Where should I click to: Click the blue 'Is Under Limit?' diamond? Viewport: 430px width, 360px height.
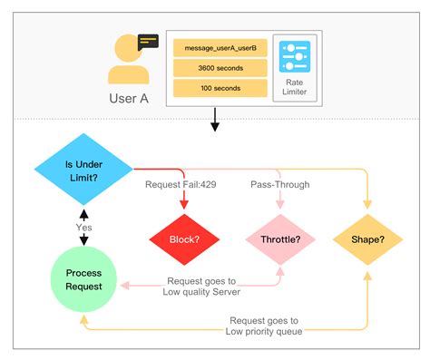pyautogui.click(x=83, y=166)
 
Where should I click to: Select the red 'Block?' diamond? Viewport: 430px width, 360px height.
pyautogui.click(x=186, y=240)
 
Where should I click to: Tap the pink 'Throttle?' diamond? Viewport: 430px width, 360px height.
pyautogui.click(x=279, y=240)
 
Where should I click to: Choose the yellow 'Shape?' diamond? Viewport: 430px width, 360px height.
pyautogui.click(x=367, y=240)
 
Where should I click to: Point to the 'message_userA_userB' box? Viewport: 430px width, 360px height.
pyautogui.click(x=220, y=46)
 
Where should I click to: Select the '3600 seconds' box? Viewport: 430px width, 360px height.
pyautogui.click(x=220, y=68)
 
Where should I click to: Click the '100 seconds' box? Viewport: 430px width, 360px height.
pyautogui.click(x=220, y=89)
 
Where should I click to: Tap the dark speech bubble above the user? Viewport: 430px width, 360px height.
pyautogui.click(x=148, y=41)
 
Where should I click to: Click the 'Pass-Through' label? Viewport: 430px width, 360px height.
pyautogui.click(x=279, y=185)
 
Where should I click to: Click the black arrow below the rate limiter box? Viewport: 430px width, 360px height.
pyautogui.click(x=214, y=120)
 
